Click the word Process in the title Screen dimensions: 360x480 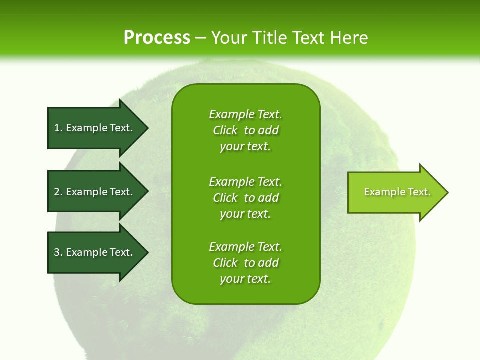[x=157, y=38]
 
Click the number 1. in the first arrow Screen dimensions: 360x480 [x=58, y=128]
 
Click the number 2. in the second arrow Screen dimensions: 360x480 [x=58, y=192]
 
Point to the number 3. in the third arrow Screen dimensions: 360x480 [x=58, y=252]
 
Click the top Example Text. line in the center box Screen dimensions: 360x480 [x=245, y=114]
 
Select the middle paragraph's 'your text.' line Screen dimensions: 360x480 [x=245, y=214]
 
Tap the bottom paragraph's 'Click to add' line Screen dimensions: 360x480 [x=245, y=263]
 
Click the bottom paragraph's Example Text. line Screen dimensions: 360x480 [x=245, y=247]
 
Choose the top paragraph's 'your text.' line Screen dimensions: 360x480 [x=245, y=146]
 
